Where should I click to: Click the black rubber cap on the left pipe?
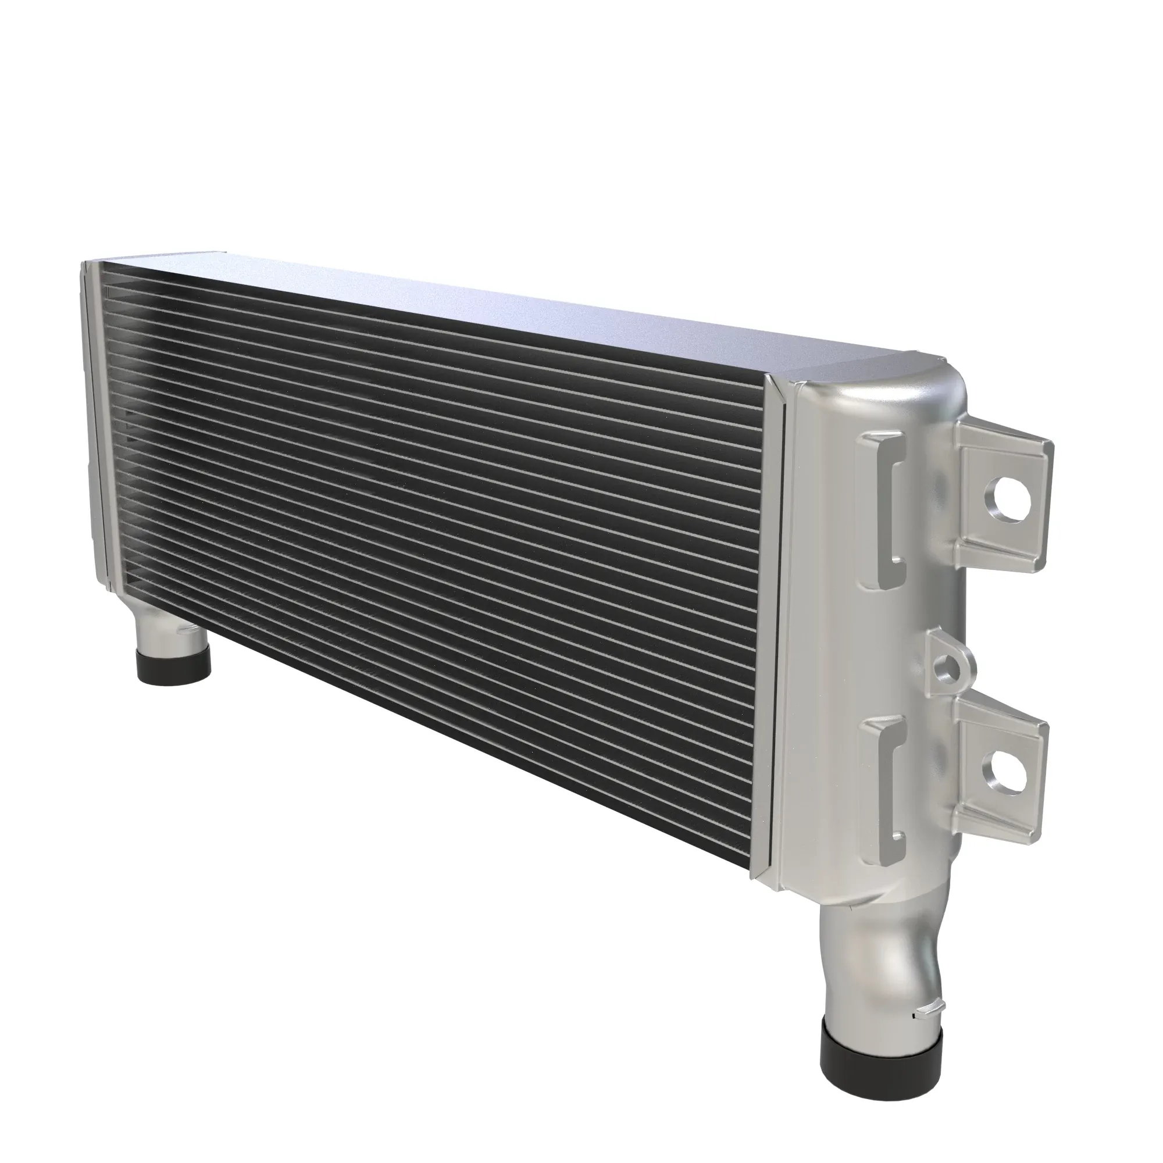coord(174,663)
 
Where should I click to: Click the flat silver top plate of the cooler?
coord(481,301)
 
